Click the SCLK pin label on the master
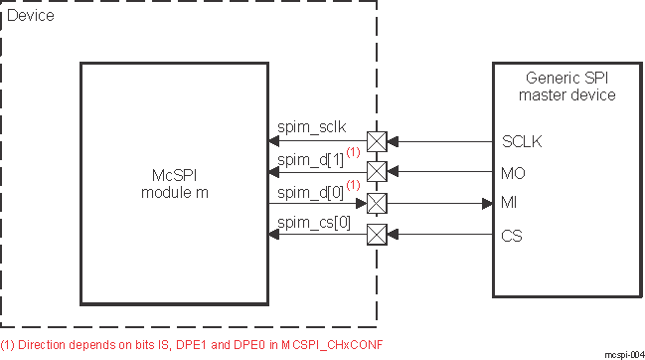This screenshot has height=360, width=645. click(x=523, y=140)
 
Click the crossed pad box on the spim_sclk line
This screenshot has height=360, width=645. click(x=377, y=140)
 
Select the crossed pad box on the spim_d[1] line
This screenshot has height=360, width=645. click(x=377, y=172)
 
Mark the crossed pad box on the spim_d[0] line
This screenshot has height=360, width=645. click(x=377, y=204)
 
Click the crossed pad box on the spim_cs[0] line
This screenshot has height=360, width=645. click(x=377, y=236)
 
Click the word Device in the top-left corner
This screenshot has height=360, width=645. click(x=31, y=16)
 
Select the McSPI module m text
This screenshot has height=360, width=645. click(x=172, y=182)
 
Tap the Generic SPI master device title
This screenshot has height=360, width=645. click(x=567, y=87)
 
